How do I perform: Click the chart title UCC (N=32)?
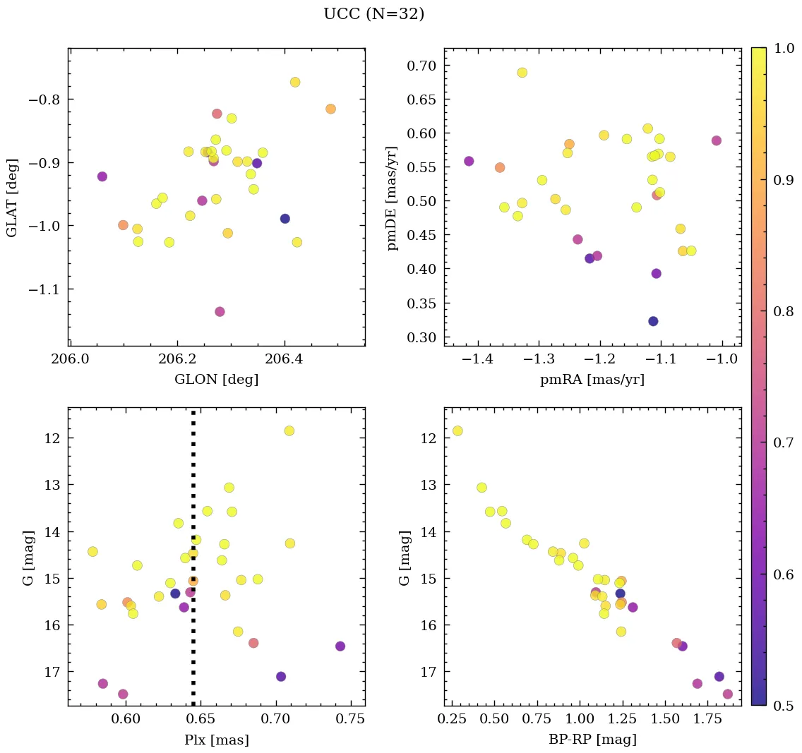[x=373, y=14]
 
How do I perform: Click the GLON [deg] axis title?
[x=216, y=380]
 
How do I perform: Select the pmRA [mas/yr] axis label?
[x=592, y=380]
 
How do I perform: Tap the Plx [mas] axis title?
[x=216, y=740]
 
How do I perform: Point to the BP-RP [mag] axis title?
[x=592, y=740]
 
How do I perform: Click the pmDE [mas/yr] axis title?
[x=393, y=198]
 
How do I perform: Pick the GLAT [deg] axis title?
[x=12, y=198]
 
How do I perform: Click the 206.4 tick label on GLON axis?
[x=284, y=360]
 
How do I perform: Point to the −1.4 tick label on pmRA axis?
[x=478, y=360]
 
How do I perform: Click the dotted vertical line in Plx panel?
[x=193, y=494]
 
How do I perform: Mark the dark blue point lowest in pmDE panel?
[x=653, y=321]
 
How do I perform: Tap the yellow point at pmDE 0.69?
[x=522, y=73]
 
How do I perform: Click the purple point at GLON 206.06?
[x=102, y=176]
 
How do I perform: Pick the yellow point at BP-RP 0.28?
[x=457, y=430]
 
